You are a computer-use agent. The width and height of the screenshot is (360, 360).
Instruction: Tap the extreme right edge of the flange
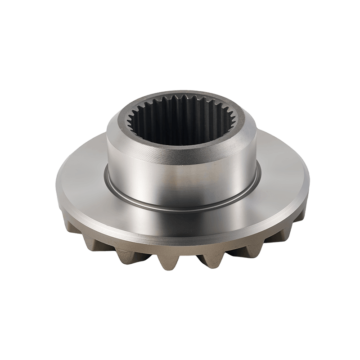point(310,187)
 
